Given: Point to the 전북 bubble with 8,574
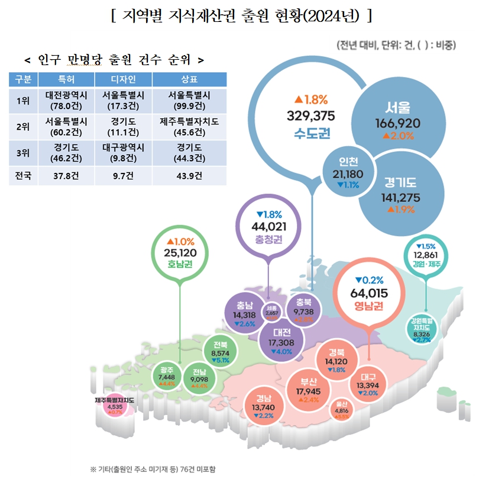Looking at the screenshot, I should [220, 352].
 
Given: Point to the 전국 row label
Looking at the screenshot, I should [24, 175].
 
